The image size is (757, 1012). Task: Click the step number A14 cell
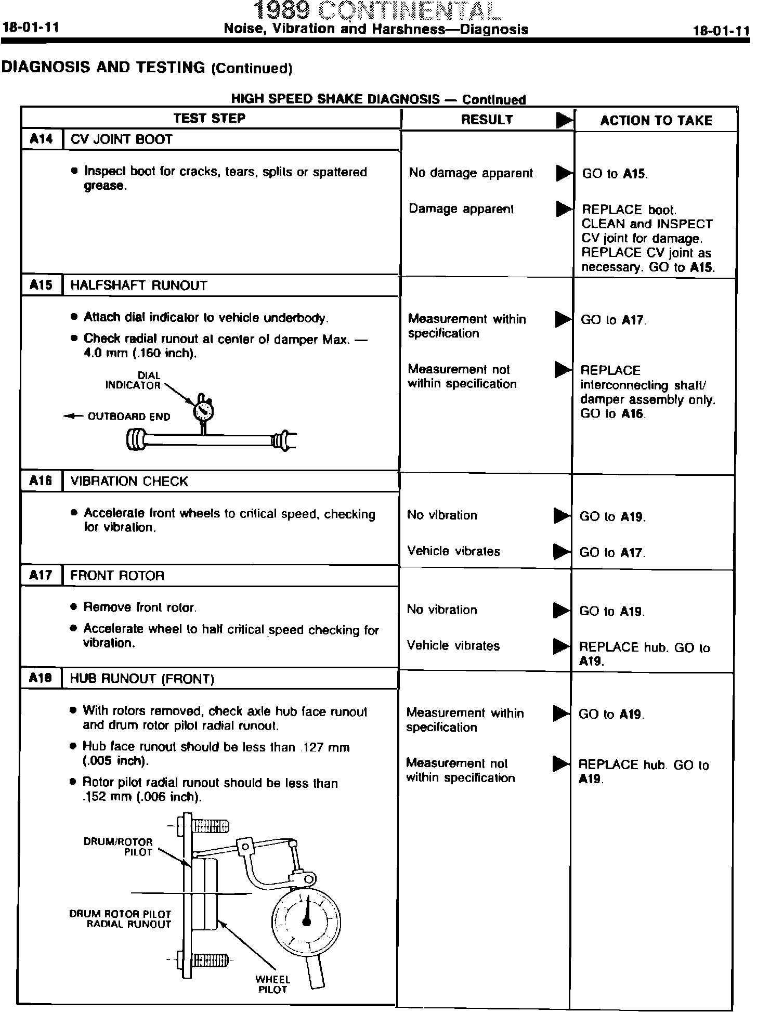tap(42, 139)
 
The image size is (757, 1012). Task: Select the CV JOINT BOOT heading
tap(121, 139)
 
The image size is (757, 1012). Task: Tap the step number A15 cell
tap(42, 285)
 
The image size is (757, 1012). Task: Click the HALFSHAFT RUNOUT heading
tap(138, 286)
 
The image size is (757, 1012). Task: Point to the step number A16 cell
tap(42, 481)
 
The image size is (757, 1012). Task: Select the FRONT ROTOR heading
tap(117, 575)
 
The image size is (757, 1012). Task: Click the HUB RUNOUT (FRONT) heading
tap(142, 679)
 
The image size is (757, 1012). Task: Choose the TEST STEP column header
tap(210, 118)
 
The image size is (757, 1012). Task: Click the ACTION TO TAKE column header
tap(656, 121)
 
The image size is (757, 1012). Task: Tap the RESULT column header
tap(487, 120)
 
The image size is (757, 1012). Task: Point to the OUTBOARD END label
tap(128, 417)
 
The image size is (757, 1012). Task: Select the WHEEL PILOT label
tap(273, 984)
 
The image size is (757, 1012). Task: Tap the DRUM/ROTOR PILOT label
tap(119, 847)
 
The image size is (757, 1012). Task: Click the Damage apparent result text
tap(461, 209)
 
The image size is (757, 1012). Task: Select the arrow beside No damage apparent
tap(564, 173)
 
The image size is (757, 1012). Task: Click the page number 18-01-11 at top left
tap(30, 28)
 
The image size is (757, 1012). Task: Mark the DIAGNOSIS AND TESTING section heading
tap(148, 67)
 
